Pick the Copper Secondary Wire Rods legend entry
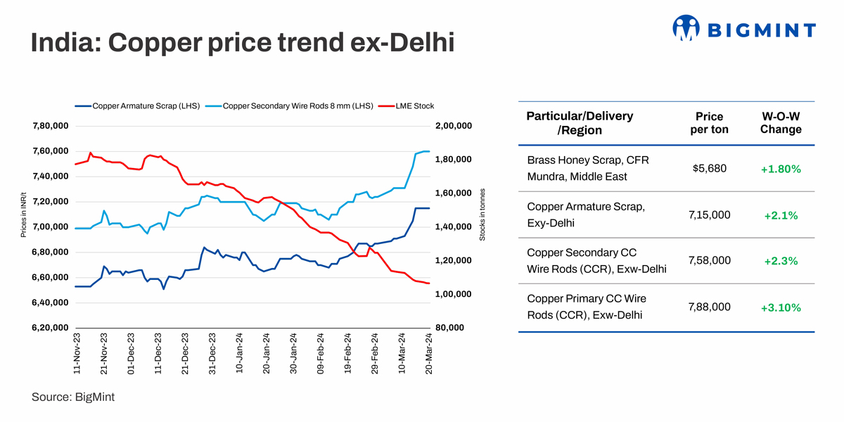(298, 106)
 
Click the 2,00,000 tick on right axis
(454, 126)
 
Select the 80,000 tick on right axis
(451, 328)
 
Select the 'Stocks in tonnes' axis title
(482, 215)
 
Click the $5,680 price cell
(709, 169)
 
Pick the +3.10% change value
(781, 307)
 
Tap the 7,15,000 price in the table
(709, 215)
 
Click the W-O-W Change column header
(781, 122)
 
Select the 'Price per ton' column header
(709, 122)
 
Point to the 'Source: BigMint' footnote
(73, 397)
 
